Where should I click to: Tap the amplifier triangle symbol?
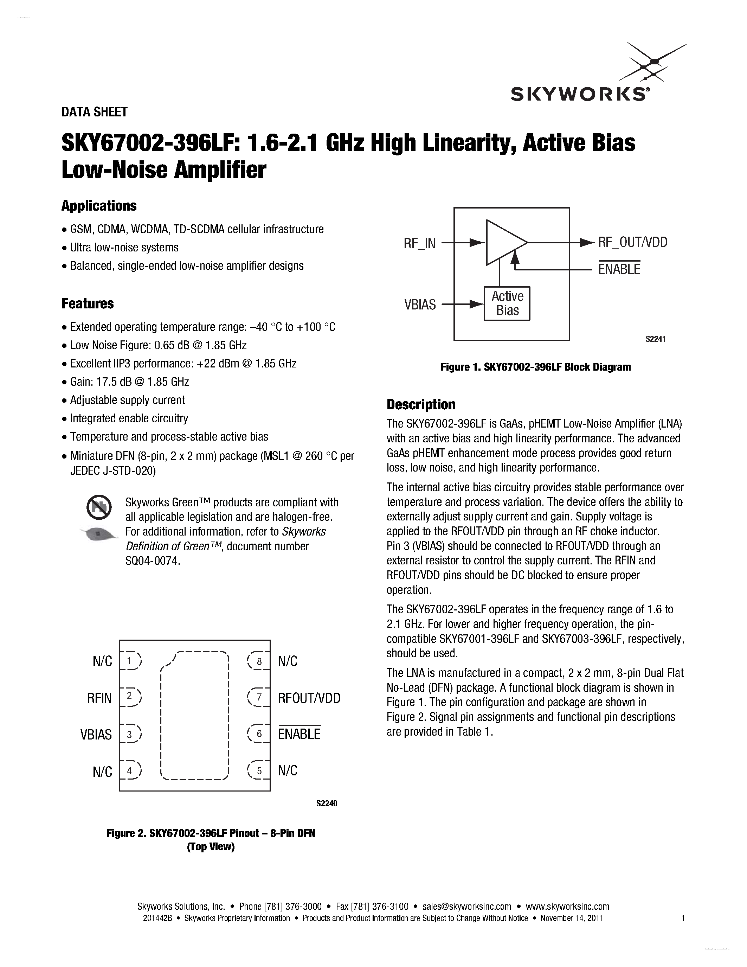coord(504,242)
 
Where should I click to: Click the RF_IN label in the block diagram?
coord(419,244)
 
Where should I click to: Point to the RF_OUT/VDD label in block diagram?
coord(632,242)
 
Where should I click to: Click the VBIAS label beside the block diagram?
coord(419,305)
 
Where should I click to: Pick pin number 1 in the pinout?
coord(130,661)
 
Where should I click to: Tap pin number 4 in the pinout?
coord(130,771)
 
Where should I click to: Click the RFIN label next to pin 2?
coord(99,698)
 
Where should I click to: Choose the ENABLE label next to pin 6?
coord(299,734)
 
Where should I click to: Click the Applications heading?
coord(99,206)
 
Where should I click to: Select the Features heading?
coord(87,304)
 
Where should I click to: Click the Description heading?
coord(420,404)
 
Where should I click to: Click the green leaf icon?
coord(99,534)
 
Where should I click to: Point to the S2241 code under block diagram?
coord(655,339)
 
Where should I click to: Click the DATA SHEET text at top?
coord(94,112)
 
